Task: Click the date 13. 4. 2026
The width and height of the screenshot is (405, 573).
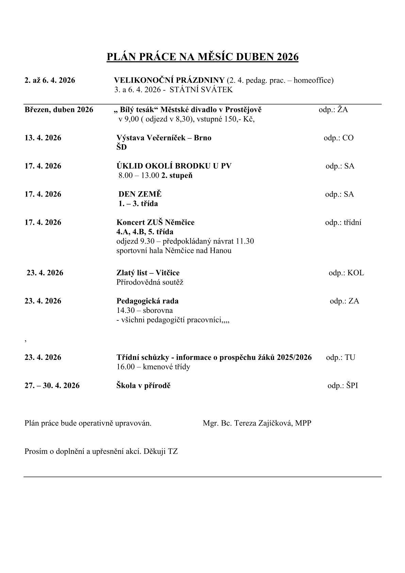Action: (43, 138)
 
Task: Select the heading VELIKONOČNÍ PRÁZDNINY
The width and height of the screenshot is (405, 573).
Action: (169, 80)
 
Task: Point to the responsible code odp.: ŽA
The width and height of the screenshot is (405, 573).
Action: (333, 110)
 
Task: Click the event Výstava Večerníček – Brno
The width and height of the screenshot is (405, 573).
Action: (164, 138)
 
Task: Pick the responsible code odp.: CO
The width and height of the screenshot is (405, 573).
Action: (338, 138)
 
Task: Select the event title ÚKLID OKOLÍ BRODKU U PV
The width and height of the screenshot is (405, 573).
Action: (174, 166)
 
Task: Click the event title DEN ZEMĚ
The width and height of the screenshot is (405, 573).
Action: (140, 194)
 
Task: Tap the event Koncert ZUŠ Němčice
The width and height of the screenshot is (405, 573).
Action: (155, 223)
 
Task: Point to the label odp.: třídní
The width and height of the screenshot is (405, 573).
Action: (343, 223)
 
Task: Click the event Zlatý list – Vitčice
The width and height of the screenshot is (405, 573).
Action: (148, 273)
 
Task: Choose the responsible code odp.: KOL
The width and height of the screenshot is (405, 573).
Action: (346, 273)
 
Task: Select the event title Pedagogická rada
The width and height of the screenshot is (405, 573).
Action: (147, 301)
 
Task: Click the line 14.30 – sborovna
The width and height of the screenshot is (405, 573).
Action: (144, 311)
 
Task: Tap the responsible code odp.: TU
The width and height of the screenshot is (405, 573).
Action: (340, 357)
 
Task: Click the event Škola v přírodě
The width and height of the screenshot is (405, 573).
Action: (143, 386)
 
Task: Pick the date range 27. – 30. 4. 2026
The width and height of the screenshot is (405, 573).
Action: (52, 386)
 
